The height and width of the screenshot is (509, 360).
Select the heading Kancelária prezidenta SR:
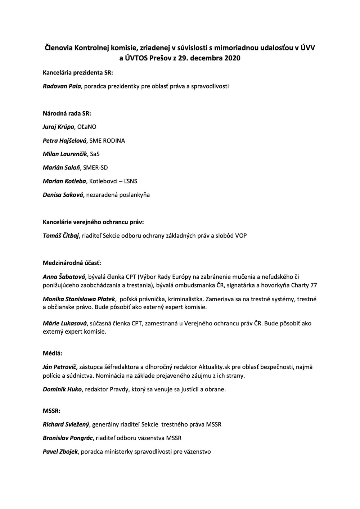click(x=78, y=73)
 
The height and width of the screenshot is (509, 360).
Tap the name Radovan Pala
click(x=62, y=86)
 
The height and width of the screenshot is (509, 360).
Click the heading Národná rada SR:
click(x=67, y=114)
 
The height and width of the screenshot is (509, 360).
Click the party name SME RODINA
click(x=107, y=141)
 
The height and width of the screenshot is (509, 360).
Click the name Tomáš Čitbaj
click(x=61, y=236)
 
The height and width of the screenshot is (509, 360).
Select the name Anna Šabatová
click(x=64, y=277)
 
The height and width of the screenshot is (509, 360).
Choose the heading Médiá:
click(x=53, y=353)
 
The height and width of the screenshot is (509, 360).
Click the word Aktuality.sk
click(x=214, y=367)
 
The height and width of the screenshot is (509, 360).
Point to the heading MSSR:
click(x=51, y=411)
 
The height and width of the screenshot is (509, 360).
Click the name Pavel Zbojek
click(x=60, y=451)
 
